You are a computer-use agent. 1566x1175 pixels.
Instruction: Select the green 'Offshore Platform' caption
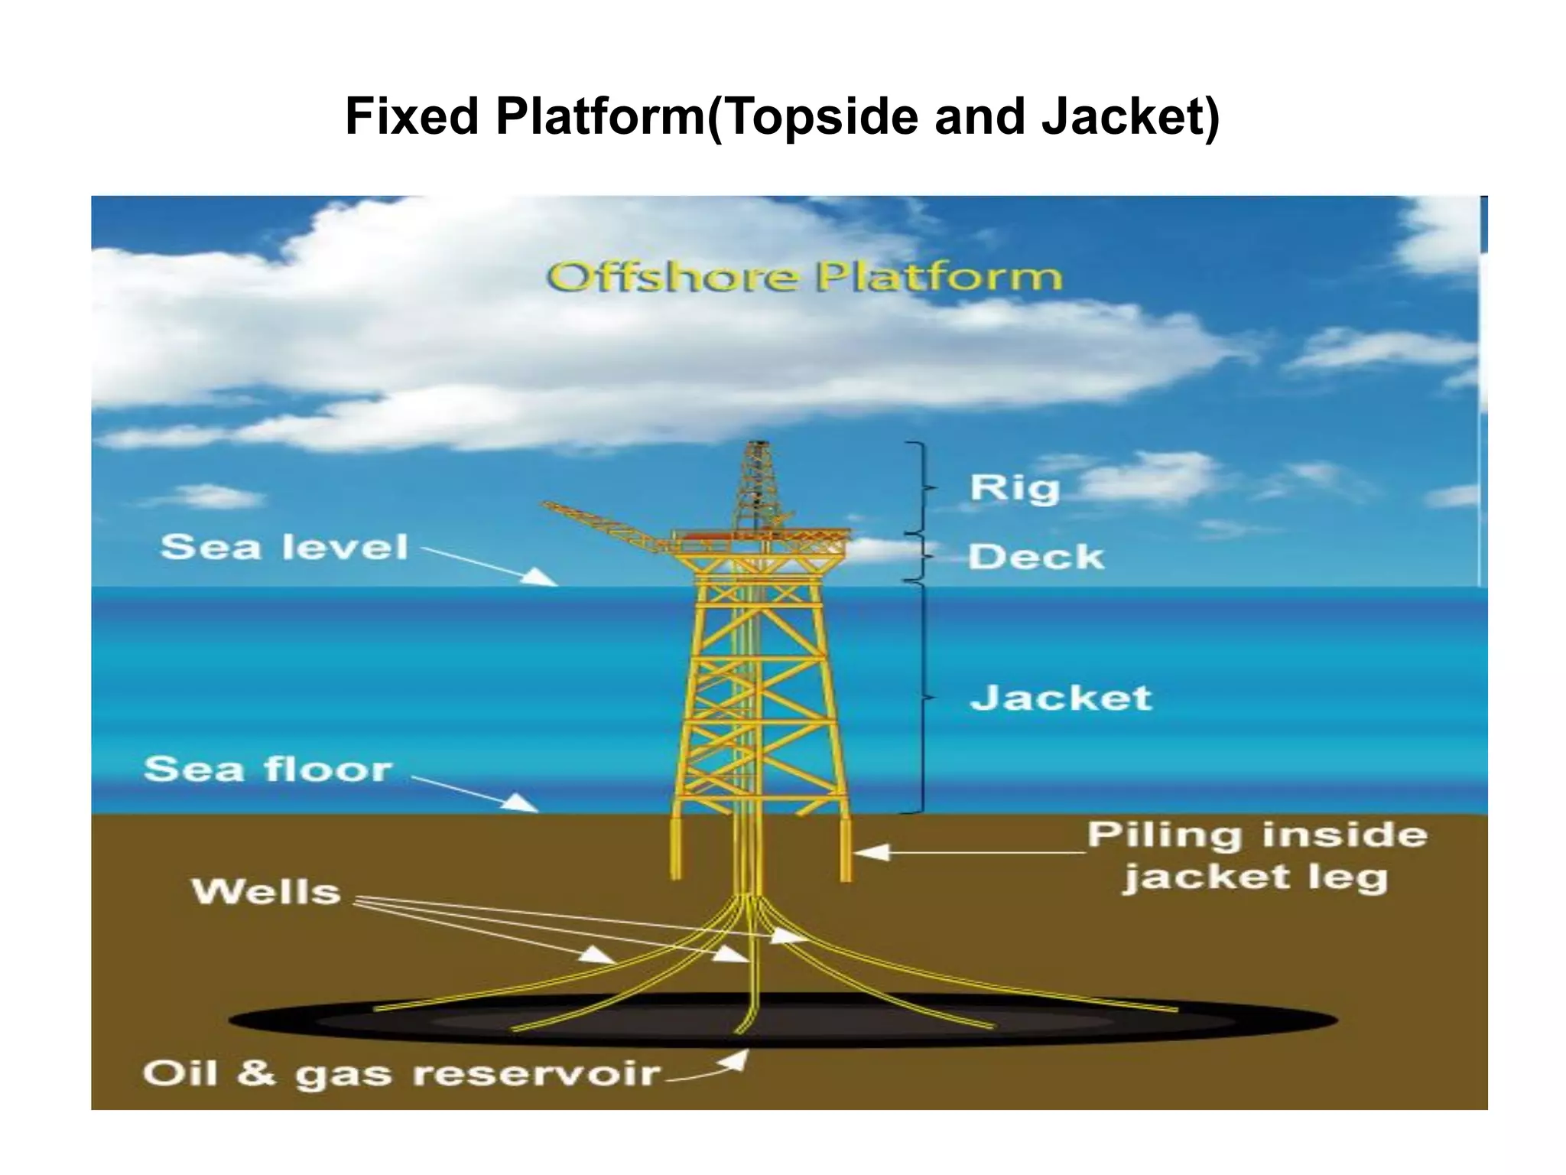804,277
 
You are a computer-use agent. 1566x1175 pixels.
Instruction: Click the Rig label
1014,488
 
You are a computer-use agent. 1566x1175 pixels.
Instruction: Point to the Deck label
1036,556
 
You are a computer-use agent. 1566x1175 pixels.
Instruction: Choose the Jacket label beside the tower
1061,698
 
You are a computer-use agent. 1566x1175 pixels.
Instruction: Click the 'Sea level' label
284,547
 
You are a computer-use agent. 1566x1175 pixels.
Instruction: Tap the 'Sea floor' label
268,769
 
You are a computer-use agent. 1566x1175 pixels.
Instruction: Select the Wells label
266,892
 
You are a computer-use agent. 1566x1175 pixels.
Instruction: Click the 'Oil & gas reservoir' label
401,1073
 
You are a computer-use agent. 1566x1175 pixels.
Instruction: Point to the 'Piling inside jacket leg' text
1256,855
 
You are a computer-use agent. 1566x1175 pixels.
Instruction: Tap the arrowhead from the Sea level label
540,577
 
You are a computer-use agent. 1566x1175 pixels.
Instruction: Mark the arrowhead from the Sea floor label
522,802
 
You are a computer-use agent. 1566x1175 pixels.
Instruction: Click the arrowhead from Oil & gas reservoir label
736,1060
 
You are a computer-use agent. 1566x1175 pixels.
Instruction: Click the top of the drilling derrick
758,446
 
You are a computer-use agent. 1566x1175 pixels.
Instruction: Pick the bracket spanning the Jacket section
922,698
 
